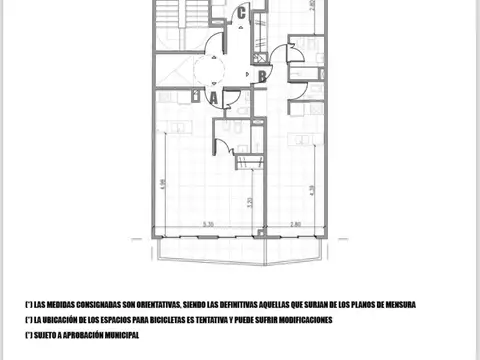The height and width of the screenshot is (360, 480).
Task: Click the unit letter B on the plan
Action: coord(261,74)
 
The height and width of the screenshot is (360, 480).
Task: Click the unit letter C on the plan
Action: coord(241,13)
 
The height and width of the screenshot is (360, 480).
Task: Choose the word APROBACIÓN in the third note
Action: coord(79,335)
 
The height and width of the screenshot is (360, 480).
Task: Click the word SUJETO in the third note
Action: coord(43,335)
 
